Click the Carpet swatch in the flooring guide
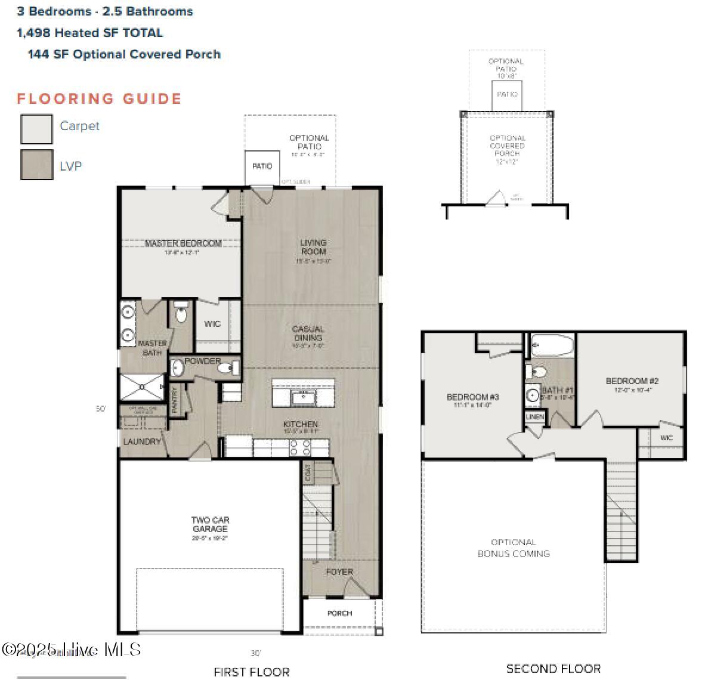click(36, 129)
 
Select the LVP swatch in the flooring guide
click(36, 165)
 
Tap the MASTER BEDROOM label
click(183, 243)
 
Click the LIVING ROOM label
click(313, 247)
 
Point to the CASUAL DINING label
click(308, 333)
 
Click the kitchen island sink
click(304, 397)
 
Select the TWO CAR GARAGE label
click(210, 524)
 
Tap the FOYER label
click(339, 572)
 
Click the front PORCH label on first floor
click(339, 613)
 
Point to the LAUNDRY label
click(142, 441)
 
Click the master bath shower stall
click(142, 387)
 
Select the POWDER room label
click(202, 361)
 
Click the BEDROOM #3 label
click(472, 397)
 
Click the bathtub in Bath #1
click(552, 345)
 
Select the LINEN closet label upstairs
click(535, 416)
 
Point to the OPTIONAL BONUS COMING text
click(514, 548)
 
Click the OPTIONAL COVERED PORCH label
click(507, 146)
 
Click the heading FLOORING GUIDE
click(99, 98)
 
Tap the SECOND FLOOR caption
click(553, 669)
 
